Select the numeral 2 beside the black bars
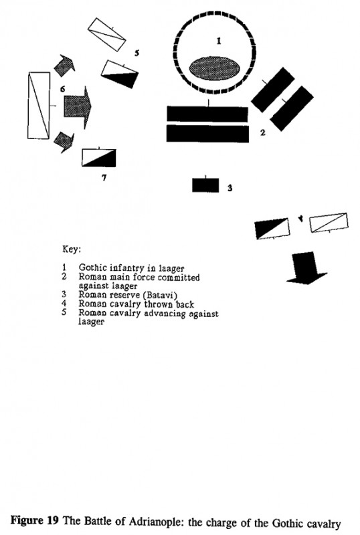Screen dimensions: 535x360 (263, 132)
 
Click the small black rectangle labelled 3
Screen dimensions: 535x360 (201, 185)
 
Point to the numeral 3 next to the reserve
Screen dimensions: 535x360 (229, 188)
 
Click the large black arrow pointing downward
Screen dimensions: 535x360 (304, 269)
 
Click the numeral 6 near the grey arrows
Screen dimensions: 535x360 (62, 88)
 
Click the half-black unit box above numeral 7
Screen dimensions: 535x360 (99, 158)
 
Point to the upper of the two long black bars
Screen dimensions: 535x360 (208, 113)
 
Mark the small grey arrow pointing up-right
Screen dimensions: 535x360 (64, 64)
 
